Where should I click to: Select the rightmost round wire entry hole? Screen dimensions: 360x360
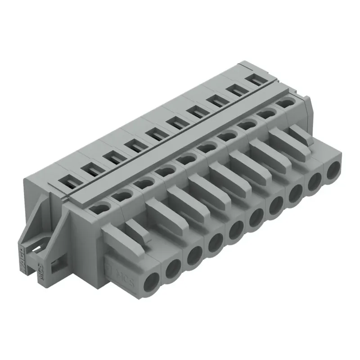333,171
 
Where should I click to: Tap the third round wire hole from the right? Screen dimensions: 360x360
296,193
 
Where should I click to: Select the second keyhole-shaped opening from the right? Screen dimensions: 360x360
265,114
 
